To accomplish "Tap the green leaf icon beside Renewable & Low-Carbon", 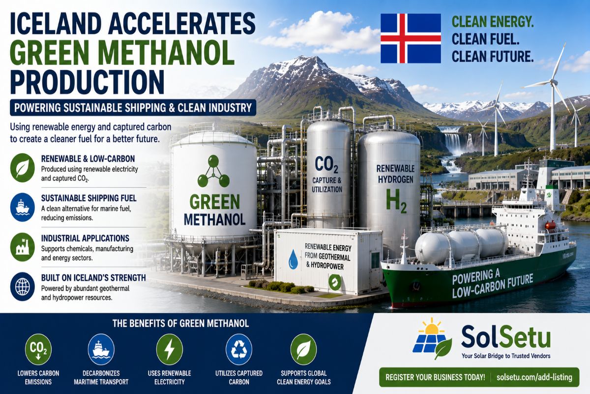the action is pos(23,168).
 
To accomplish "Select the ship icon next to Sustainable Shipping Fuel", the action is pos(23,207).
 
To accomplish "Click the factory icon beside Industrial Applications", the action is pos(23,247).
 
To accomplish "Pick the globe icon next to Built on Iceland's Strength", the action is pos(23,287).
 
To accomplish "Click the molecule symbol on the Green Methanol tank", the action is pos(213,171).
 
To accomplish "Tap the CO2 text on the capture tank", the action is pos(326,164).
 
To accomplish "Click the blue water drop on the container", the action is pos(293,259).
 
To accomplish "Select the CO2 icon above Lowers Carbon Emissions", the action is pos(38,350).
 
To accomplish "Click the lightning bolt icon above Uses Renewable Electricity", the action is pos(169,350).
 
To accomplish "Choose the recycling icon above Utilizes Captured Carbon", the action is pos(239,350).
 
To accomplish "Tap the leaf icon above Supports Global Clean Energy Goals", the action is pos(303,350).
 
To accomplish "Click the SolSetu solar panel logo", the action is pos(432,338).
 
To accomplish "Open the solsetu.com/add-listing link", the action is pos(534,377).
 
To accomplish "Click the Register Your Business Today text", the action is pos(435,377).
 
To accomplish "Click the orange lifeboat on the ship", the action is pos(550,226).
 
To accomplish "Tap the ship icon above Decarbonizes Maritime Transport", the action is pos(101,350).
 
